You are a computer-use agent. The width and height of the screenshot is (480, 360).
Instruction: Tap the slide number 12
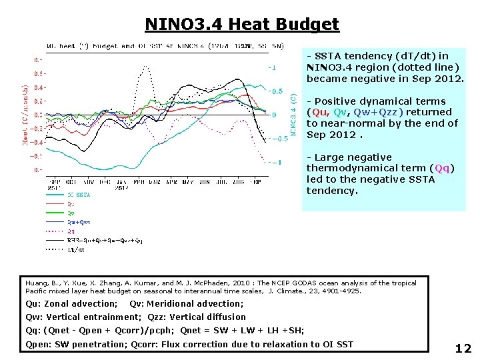[463, 348]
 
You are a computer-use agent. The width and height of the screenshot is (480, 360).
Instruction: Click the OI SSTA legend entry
[79, 195]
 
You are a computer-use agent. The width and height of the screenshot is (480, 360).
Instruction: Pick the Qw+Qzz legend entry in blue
[79, 222]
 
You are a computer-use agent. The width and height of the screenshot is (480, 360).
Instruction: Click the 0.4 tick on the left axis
[39, 87]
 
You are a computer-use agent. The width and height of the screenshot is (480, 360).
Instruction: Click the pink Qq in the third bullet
[442, 168]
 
